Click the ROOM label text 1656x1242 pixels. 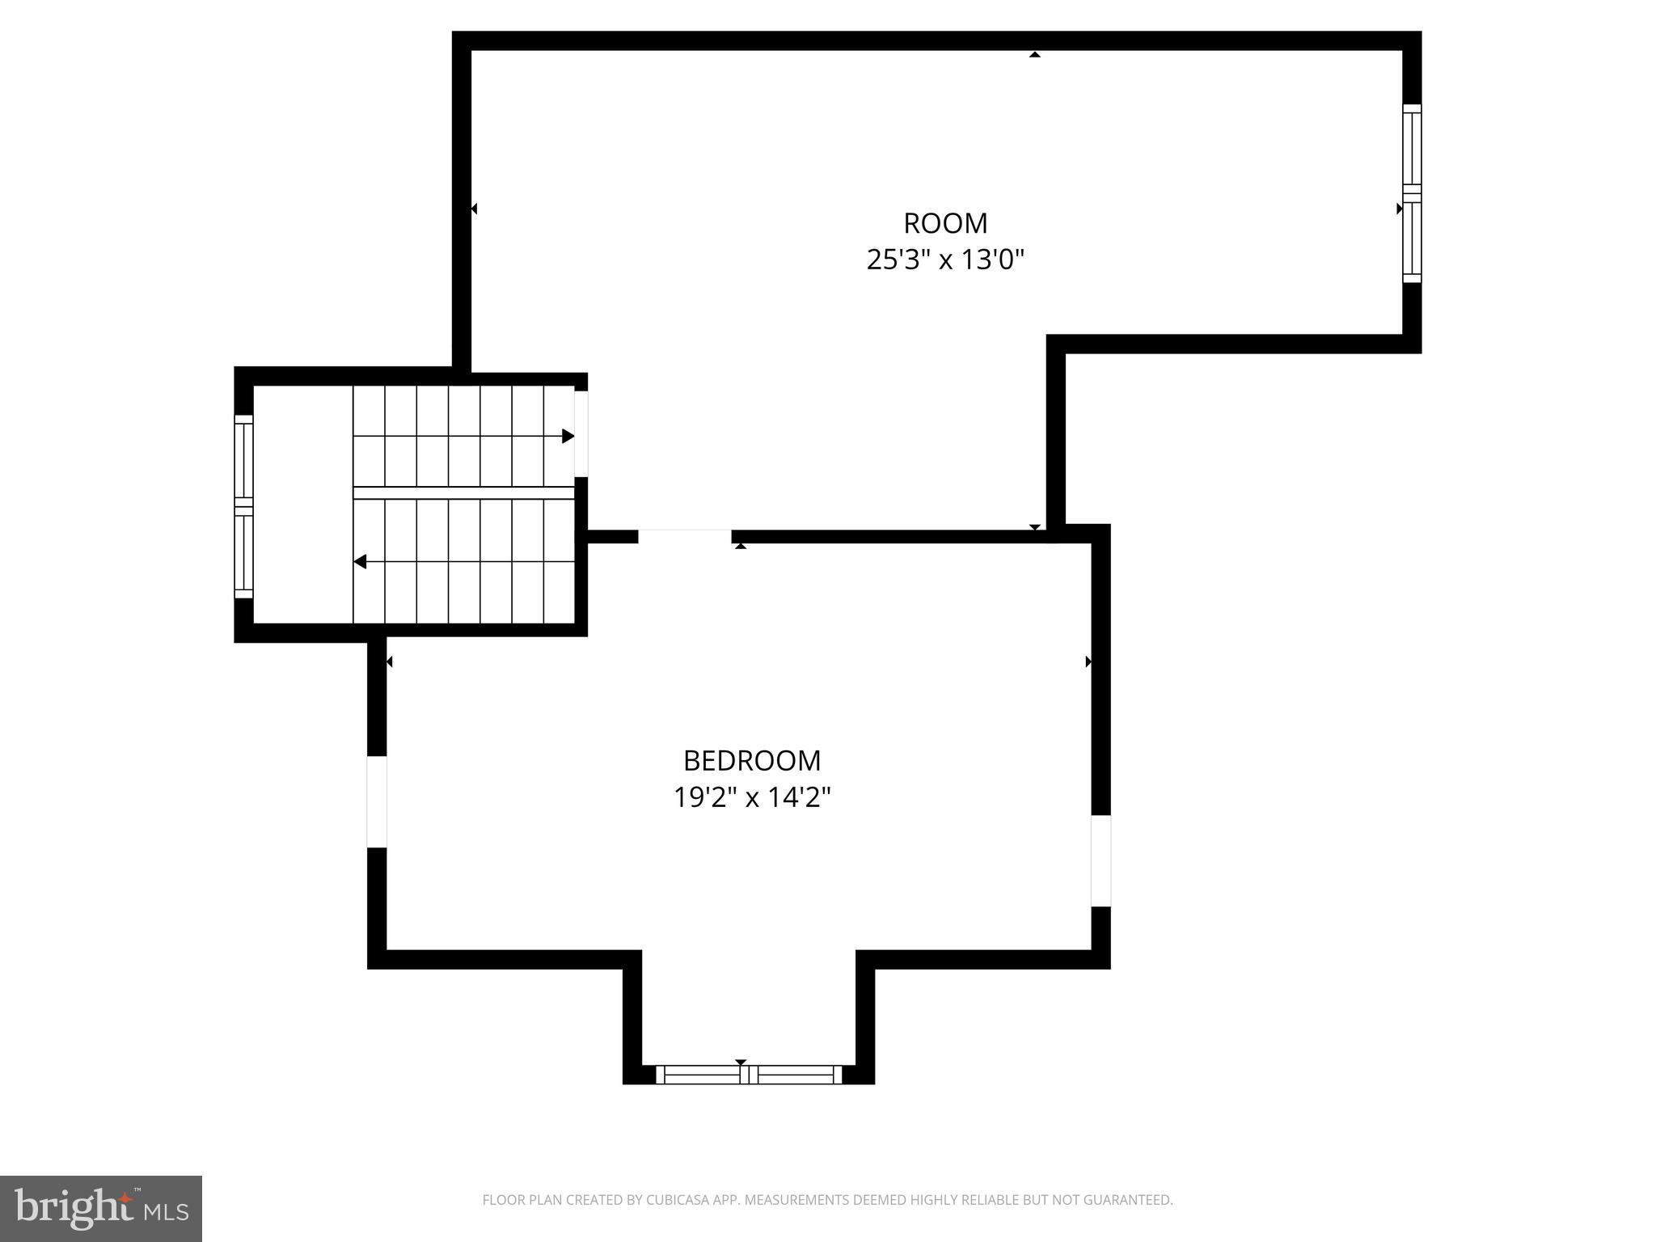[945, 223]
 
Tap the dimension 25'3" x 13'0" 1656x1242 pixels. [945, 260]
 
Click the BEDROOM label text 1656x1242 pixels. [752, 761]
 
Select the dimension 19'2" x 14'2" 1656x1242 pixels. [752, 798]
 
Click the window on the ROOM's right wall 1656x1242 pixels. [1411, 193]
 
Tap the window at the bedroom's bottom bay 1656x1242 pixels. [749, 1075]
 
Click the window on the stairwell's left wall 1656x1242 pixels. [243, 506]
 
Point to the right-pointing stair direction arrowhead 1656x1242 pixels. [568, 437]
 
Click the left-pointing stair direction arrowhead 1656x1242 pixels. [360, 561]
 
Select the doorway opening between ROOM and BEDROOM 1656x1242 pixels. [685, 536]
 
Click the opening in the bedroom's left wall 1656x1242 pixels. [377, 802]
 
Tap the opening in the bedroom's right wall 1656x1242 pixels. [1100, 860]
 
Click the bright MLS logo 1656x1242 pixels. [101, 1208]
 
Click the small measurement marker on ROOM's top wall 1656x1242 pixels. [1034, 55]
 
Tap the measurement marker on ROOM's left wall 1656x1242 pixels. [474, 209]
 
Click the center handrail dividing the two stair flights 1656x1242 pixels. [463, 492]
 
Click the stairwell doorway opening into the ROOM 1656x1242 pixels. [581, 433]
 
